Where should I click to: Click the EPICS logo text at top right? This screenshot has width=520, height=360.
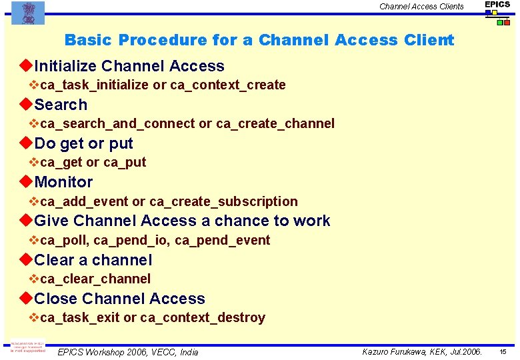[497, 5]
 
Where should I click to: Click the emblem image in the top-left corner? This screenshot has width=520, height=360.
[27, 12]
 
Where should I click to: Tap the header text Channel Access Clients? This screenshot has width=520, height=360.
[421, 7]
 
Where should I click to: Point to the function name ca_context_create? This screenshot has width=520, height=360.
[228, 85]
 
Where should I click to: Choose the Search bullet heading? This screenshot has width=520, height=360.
[61, 105]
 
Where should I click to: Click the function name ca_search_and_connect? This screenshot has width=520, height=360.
[117, 124]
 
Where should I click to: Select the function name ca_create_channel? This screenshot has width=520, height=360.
[275, 124]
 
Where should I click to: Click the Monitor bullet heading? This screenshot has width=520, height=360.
[63, 182]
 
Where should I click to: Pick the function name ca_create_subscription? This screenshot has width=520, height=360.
[223, 201]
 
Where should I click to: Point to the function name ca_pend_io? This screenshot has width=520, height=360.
[131, 241]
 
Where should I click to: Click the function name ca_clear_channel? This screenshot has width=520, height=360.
[95, 279]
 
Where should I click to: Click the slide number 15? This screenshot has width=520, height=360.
[503, 352]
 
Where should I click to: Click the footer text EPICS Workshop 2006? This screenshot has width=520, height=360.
[100, 352]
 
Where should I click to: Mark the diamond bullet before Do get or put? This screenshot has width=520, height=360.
[26, 143]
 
